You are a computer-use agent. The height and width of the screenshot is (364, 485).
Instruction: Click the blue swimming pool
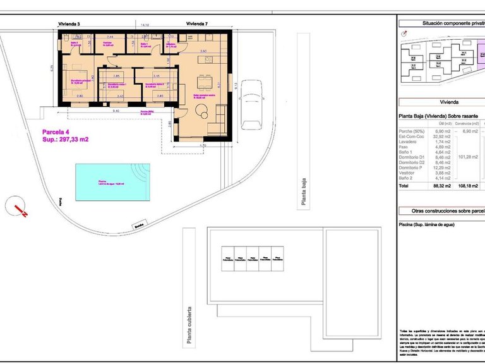(x=111, y=182)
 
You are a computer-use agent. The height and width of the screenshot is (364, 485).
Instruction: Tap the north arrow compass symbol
(x=18, y=207)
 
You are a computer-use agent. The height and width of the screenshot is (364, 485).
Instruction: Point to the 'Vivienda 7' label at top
(x=197, y=23)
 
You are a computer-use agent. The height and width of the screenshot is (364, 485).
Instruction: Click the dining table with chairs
(x=204, y=83)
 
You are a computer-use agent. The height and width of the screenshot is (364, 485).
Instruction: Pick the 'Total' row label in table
(x=404, y=186)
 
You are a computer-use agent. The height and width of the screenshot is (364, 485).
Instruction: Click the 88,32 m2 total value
(x=441, y=186)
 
